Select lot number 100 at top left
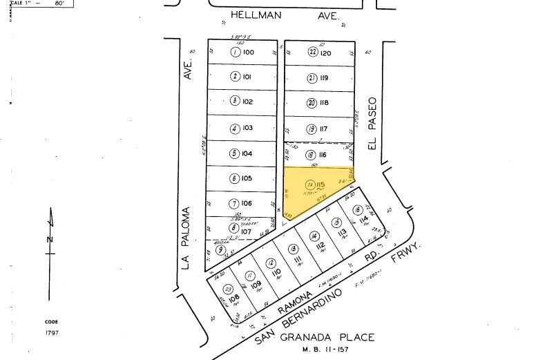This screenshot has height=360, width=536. tap(248, 53)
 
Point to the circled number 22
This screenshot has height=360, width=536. tap(312, 53)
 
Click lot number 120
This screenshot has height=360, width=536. tap(326, 53)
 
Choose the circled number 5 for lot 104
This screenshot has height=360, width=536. tap(235, 153)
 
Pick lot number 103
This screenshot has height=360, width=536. tap(248, 128)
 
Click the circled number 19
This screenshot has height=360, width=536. tap(312, 129)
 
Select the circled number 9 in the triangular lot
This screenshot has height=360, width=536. tap(220, 250)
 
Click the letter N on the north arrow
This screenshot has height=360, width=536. tap(48, 239)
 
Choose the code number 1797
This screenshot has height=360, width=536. tap(52, 334)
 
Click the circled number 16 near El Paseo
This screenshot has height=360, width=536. tap(356, 210)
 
